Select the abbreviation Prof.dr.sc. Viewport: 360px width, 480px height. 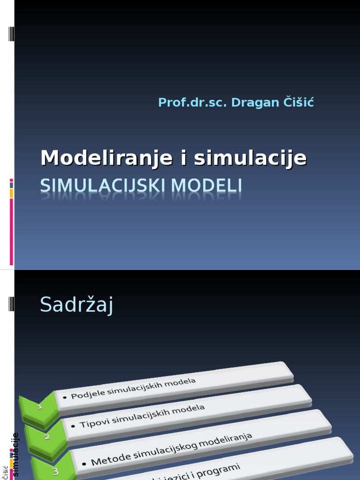tap(192, 102)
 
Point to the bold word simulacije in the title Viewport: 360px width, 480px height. tap(250, 158)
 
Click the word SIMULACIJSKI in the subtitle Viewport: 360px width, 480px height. tap(103, 186)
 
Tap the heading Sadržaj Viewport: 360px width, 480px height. tap(77, 305)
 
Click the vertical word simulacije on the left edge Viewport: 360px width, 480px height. tap(15, 455)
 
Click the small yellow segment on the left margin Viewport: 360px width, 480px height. tap(11, 193)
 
